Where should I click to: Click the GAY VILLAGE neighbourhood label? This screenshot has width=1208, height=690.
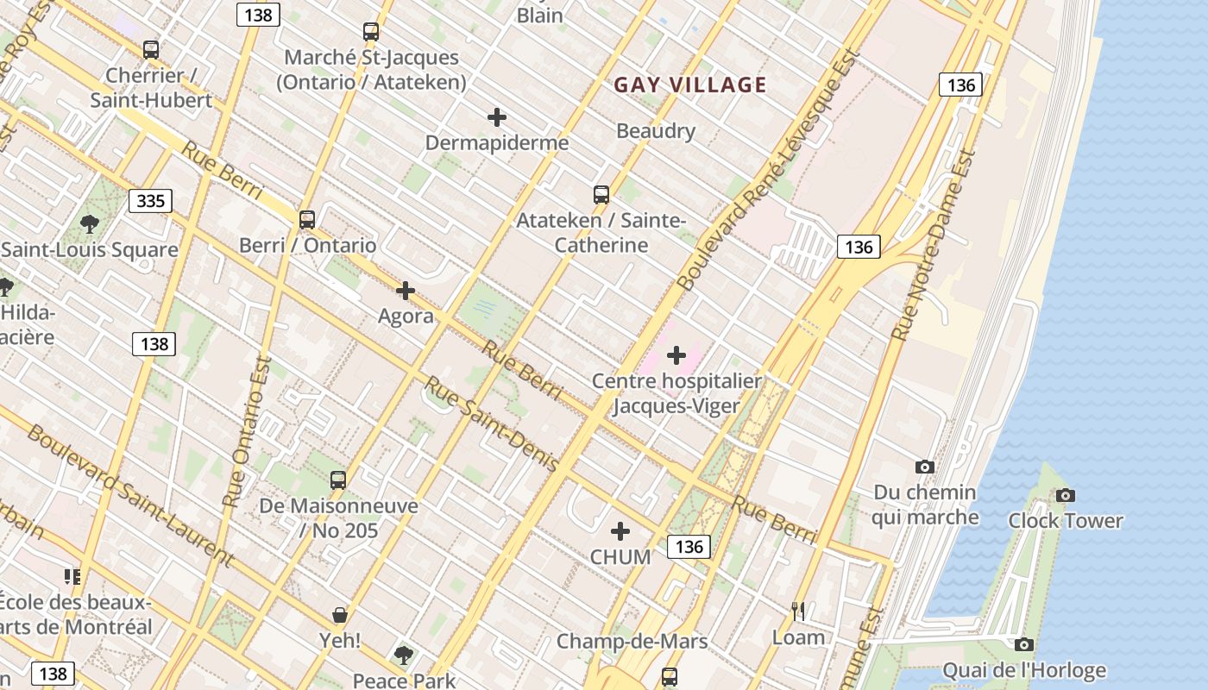click(689, 85)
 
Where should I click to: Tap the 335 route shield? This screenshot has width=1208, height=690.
click(151, 201)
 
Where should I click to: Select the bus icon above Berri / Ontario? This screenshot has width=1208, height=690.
click(307, 220)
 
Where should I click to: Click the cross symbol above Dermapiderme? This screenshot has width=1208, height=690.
click(497, 117)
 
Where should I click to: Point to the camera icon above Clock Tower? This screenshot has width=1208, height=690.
click(1066, 495)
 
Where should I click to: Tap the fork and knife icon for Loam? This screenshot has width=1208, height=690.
click(798, 612)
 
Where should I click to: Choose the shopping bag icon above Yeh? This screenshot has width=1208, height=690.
click(340, 615)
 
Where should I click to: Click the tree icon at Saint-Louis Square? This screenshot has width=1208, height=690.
click(89, 225)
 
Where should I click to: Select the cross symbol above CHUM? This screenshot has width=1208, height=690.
click(620, 531)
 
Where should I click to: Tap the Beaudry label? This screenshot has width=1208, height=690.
click(656, 131)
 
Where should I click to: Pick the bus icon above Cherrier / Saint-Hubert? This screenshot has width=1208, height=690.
click(151, 50)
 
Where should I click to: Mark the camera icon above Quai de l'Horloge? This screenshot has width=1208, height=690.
click(1024, 644)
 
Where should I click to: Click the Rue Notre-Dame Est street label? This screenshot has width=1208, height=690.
click(934, 246)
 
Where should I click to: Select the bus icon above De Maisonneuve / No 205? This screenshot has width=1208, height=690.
click(338, 480)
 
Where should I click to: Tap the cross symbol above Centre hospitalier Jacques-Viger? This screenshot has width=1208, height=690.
click(676, 354)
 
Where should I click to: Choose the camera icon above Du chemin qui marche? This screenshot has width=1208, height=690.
click(925, 467)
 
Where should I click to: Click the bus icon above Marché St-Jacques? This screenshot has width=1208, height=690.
click(371, 32)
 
